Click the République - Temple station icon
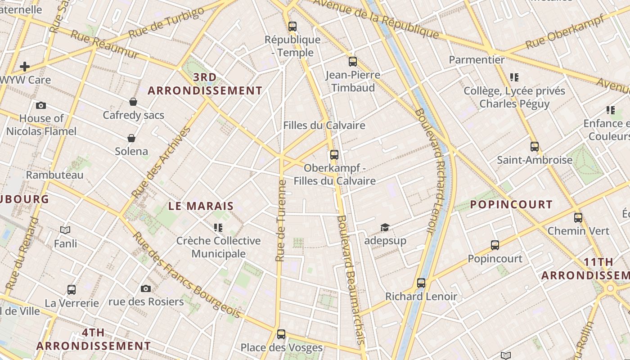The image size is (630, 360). (x=292, y=27)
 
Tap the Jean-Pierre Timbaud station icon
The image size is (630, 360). (x=353, y=62)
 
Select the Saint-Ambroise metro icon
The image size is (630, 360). (x=535, y=147)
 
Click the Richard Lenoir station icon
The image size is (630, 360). (x=421, y=283)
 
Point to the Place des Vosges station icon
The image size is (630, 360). (x=281, y=334)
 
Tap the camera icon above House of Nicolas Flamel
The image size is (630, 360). (x=41, y=105)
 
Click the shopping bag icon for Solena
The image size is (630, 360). (x=131, y=138)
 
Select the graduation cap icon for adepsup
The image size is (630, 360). (x=385, y=227)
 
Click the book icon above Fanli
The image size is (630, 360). (x=65, y=230)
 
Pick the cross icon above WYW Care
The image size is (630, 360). (x=25, y=67)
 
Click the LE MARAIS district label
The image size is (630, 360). (x=201, y=206)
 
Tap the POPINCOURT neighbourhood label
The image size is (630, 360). (x=511, y=204)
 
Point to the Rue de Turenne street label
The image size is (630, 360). (x=281, y=220)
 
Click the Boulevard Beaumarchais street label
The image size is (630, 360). (x=350, y=279)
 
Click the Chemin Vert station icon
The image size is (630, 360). (x=578, y=218)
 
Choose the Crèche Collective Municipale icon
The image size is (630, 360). (x=218, y=228)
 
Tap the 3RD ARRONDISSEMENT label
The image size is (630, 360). (x=205, y=84)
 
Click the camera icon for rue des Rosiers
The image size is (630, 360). (x=146, y=288)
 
